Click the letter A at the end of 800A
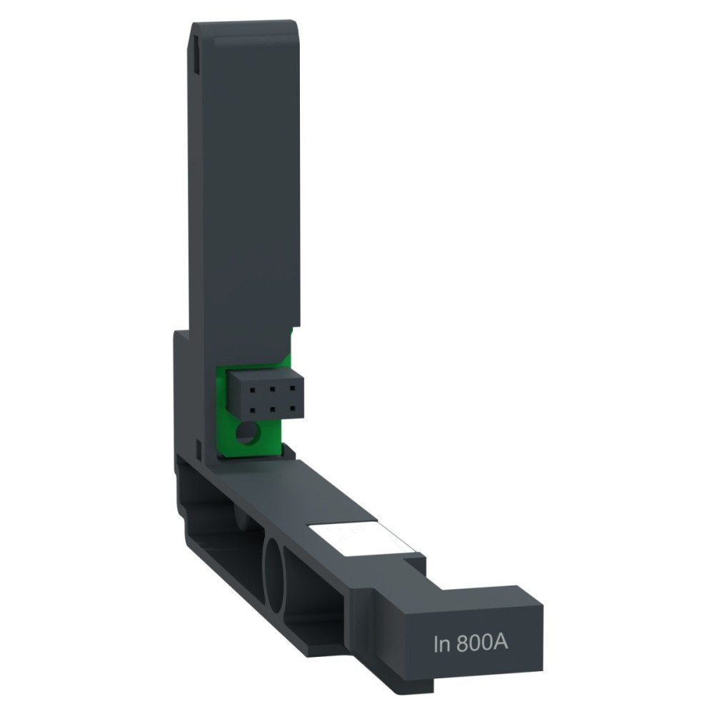pos(501,643)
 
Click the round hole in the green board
pos(248,433)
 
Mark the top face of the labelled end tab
pos(486,595)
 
